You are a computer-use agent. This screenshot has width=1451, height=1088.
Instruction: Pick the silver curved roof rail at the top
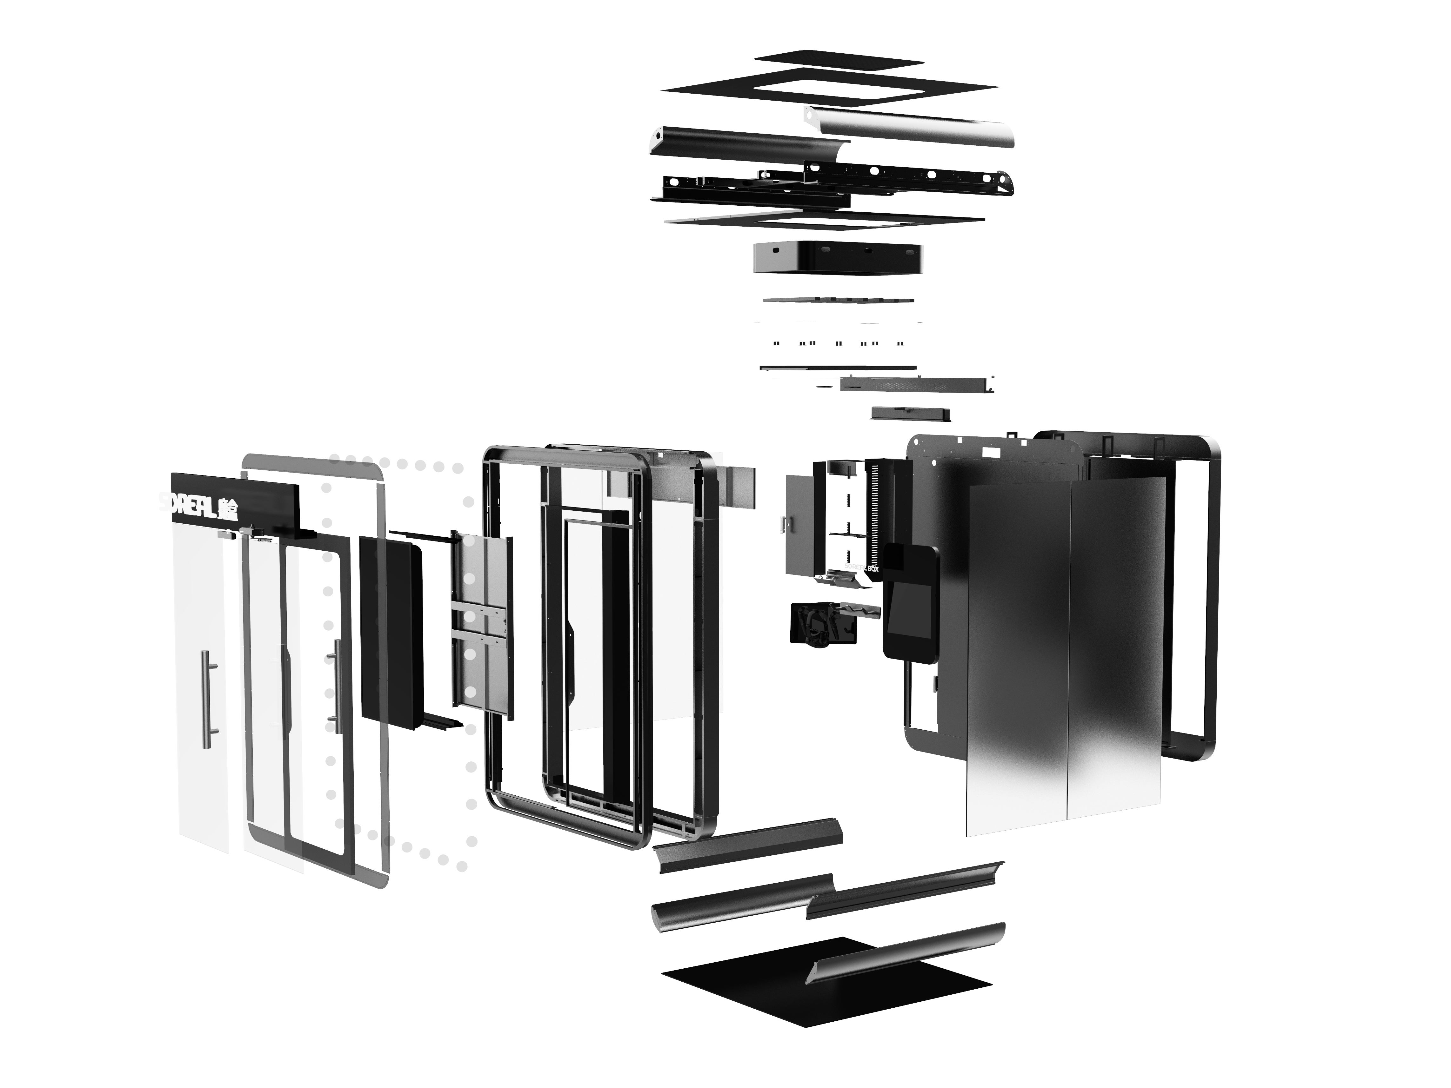[912, 126]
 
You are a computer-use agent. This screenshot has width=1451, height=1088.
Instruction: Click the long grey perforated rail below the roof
[915, 384]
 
